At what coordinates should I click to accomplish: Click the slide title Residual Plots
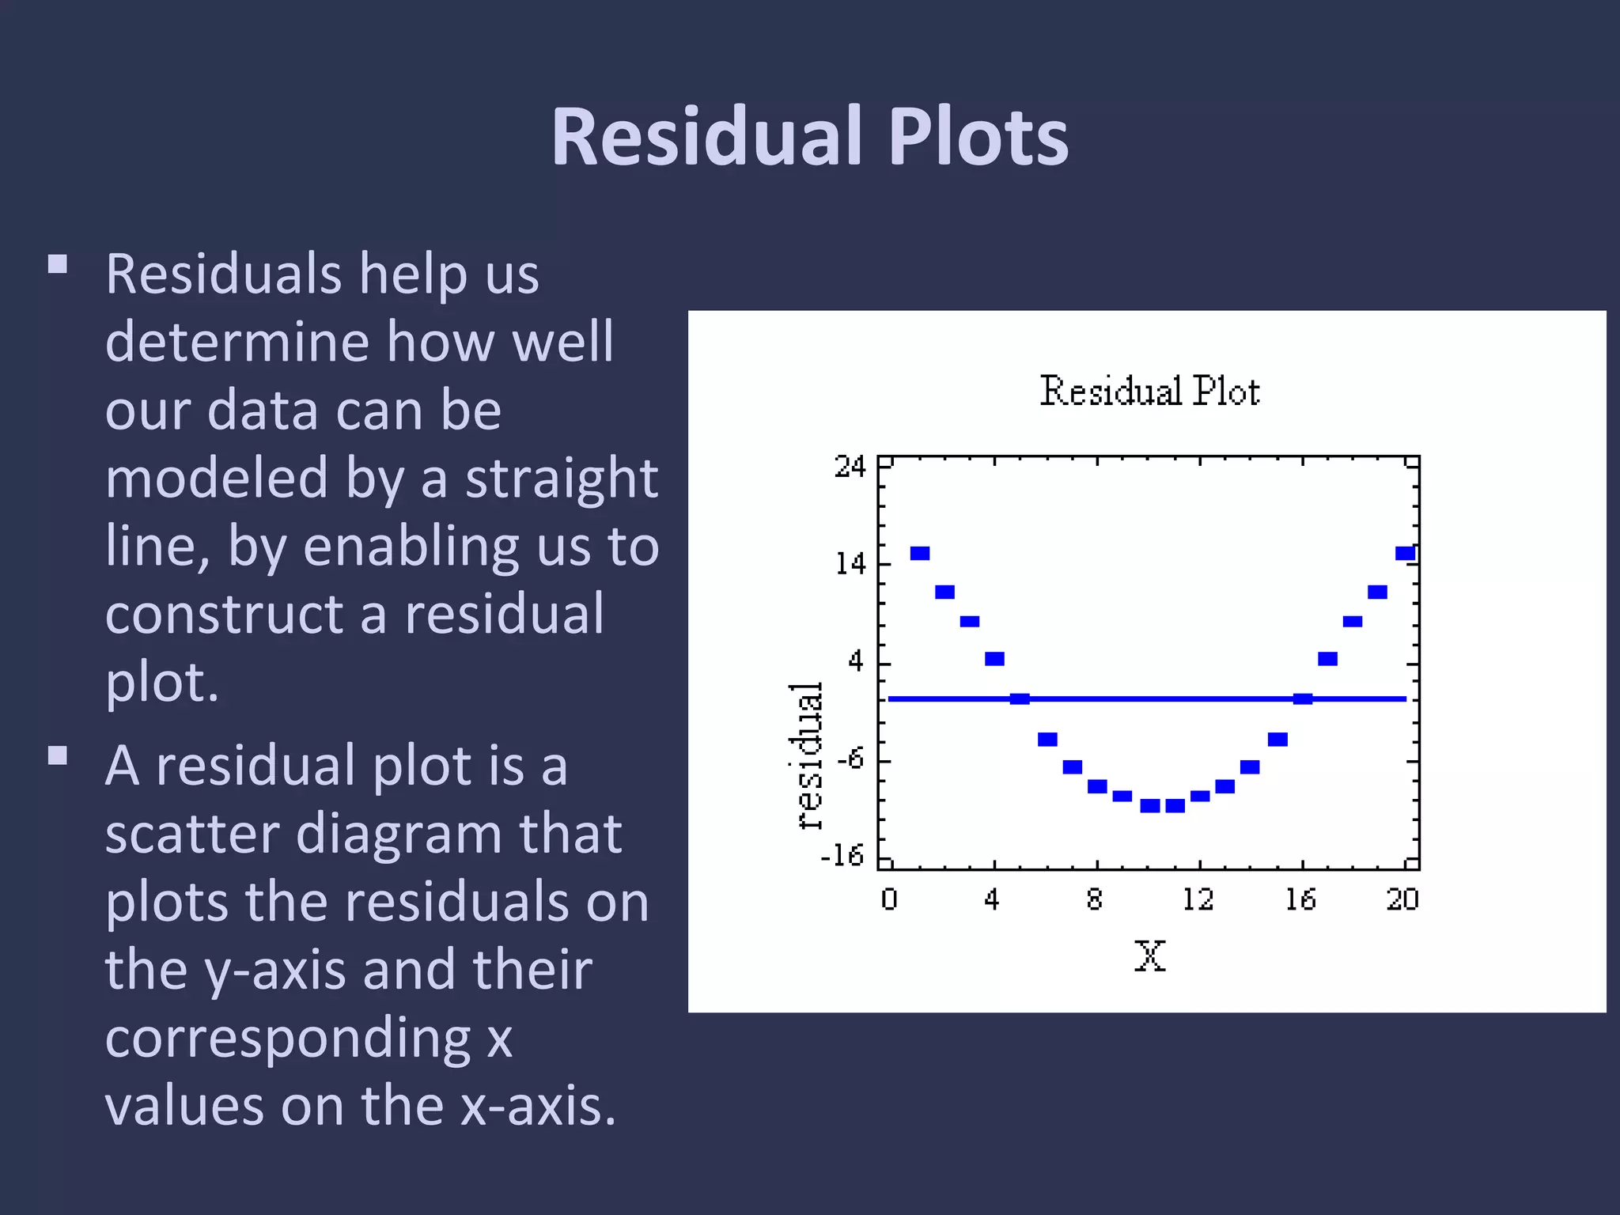coord(809,137)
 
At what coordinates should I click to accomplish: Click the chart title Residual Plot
coord(1149,392)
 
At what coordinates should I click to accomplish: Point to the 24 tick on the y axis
coord(850,467)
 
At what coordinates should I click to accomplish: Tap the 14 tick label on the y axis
coord(851,564)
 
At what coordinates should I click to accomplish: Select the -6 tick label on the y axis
coord(850,759)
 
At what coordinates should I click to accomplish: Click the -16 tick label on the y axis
coord(842,856)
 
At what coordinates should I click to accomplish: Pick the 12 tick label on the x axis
coord(1198,900)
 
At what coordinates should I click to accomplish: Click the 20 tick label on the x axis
coord(1402,900)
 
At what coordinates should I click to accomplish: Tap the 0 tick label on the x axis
coord(889,900)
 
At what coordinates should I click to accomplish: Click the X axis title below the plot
coord(1149,956)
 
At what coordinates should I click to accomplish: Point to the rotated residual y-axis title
coord(808,755)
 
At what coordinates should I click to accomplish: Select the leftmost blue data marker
coord(920,554)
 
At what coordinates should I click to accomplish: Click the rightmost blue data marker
coord(1405,554)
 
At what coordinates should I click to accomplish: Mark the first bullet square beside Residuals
coord(58,264)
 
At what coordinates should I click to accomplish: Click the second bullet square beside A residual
coord(58,756)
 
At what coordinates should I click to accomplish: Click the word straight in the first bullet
coord(561,479)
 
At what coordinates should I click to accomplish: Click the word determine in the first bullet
coord(237,343)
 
